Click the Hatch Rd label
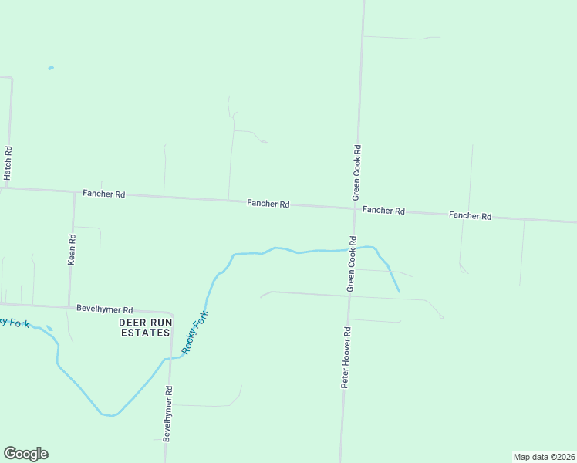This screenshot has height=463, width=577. click(8, 164)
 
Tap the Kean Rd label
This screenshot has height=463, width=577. click(72, 250)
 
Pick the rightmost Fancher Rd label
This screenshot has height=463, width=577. click(470, 216)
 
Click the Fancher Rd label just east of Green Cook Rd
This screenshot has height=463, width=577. click(383, 210)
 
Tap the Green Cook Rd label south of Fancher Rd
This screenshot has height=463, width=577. click(351, 263)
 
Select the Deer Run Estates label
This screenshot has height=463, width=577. click(144, 327)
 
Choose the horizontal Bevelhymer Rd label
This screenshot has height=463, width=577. click(105, 308)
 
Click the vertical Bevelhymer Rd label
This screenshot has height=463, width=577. click(168, 413)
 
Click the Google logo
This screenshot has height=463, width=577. click(25, 454)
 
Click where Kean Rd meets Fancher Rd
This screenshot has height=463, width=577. click(74, 191)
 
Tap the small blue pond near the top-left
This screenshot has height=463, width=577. click(51, 68)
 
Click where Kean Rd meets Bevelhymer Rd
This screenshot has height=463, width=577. click(69, 305)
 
